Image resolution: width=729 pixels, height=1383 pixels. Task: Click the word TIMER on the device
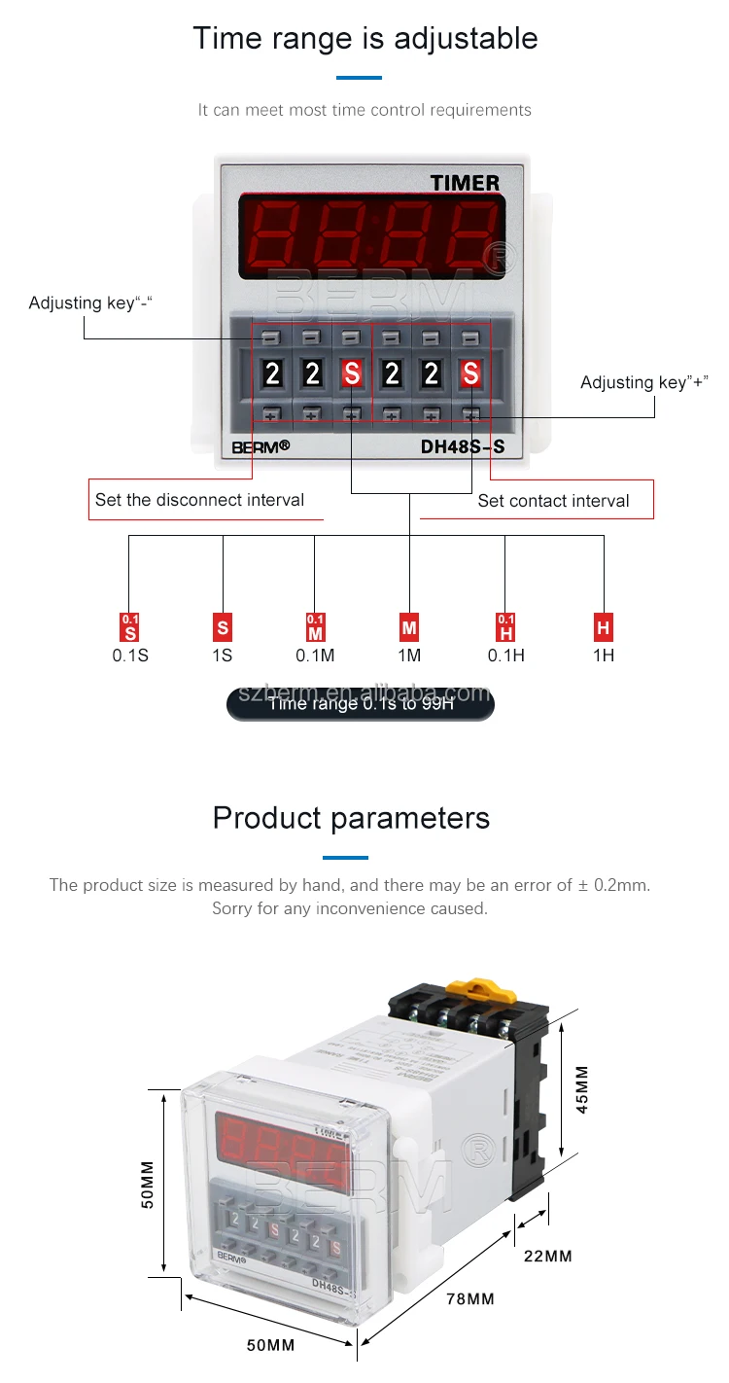tap(465, 183)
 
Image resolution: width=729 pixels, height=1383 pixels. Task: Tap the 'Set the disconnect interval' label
tap(199, 500)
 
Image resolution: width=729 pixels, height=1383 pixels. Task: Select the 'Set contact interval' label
tap(553, 501)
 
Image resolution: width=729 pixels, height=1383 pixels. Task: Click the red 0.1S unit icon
tap(130, 626)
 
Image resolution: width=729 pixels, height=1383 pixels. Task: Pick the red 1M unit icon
tap(409, 627)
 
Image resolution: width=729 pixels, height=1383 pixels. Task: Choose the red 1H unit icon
tap(604, 627)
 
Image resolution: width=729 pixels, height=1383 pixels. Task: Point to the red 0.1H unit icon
tap(505, 626)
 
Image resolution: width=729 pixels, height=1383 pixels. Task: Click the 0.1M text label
tap(315, 656)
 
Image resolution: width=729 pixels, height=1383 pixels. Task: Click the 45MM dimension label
tap(582, 1089)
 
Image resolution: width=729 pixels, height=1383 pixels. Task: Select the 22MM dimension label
tap(547, 1256)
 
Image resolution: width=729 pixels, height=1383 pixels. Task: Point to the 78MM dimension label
tap(469, 1298)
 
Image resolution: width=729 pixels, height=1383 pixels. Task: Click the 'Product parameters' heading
tap(351, 817)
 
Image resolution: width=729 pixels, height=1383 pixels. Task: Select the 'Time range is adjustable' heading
tap(364, 38)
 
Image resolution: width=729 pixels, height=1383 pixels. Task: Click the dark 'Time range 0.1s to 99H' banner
tap(361, 702)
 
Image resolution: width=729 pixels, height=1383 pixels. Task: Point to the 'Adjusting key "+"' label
tap(643, 382)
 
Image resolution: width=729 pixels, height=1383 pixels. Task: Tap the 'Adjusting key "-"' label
tap(90, 303)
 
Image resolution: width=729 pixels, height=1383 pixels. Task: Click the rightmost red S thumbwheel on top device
tap(470, 373)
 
